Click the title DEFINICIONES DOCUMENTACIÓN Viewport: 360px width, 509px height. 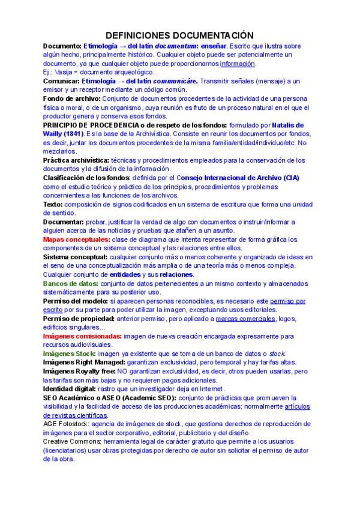179,37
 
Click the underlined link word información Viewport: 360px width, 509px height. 238,64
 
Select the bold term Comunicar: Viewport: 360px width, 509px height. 62,80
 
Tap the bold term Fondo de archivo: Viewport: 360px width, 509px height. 72,98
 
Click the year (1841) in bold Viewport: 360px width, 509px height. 70,133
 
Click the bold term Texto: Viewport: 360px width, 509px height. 53,204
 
